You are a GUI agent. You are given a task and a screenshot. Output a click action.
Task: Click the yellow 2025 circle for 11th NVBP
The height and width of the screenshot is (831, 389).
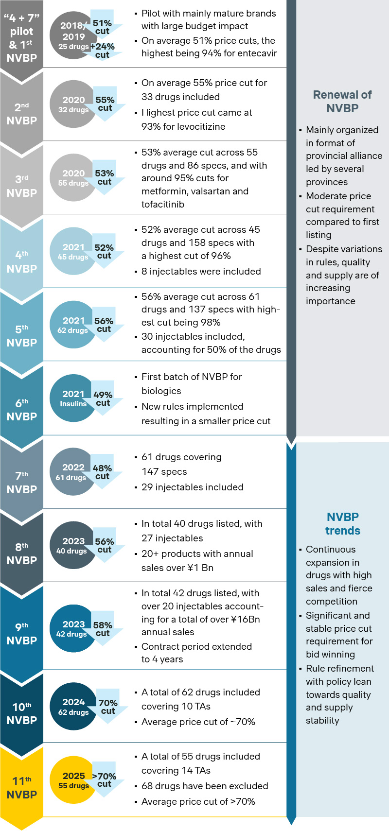click(x=73, y=779)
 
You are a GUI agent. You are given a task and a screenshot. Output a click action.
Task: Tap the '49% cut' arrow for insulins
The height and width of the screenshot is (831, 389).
click(x=103, y=398)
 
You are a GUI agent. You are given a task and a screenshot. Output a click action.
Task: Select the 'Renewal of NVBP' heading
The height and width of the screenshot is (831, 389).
click(x=342, y=101)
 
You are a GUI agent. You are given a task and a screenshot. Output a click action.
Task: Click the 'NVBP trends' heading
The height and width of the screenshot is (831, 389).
click(x=342, y=523)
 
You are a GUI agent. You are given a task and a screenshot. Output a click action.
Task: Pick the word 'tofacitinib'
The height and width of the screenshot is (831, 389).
click(x=163, y=204)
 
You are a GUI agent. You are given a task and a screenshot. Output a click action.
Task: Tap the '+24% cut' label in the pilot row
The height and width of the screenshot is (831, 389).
click(x=103, y=51)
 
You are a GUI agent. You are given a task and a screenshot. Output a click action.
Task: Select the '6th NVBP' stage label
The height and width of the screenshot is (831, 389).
click(x=21, y=410)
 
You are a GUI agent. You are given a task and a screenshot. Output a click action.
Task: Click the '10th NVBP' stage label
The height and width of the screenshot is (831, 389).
click(x=21, y=713)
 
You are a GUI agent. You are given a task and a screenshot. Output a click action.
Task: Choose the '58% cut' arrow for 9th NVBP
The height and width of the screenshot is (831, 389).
click(x=103, y=629)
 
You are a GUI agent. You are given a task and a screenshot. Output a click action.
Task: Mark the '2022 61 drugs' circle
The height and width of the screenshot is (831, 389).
click(x=72, y=471)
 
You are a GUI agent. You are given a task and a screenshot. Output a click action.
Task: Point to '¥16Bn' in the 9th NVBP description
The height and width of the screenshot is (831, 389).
click(x=245, y=619)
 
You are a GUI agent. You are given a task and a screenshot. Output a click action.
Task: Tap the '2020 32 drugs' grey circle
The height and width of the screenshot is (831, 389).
click(x=73, y=104)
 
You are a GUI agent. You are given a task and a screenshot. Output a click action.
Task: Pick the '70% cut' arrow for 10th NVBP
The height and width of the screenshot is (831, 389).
click(x=108, y=707)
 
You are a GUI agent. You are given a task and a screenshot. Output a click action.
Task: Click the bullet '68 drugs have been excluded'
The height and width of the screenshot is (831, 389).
click(x=205, y=786)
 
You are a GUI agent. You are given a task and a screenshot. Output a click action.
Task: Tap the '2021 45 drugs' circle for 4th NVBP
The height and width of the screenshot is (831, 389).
click(x=72, y=251)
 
